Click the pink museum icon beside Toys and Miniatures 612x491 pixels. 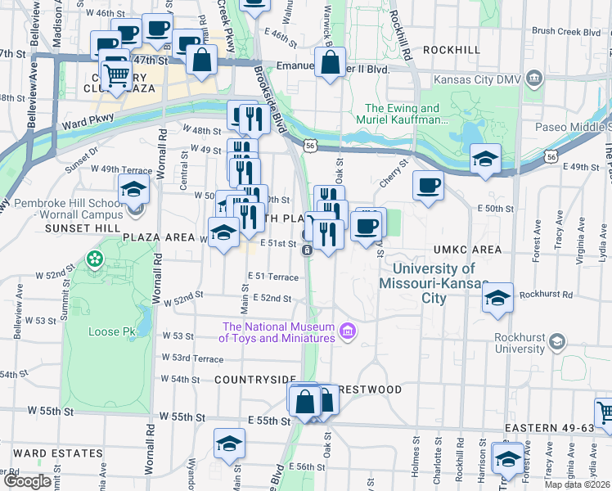pos(347,331)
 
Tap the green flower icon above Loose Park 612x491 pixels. pos(96,259)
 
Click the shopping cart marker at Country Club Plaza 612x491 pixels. pos(117,74)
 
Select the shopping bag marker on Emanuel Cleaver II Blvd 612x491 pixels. pos(330,63)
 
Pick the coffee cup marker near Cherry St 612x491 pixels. pos(428,186)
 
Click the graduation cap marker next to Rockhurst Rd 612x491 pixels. pos(497,299)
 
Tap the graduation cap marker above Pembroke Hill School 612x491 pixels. pos(134,190)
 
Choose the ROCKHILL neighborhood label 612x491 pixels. pos(451,50)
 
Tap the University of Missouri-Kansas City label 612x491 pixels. pos(434,283)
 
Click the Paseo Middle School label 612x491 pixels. pos(571,127)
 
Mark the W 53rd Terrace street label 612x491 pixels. pos(192,358)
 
